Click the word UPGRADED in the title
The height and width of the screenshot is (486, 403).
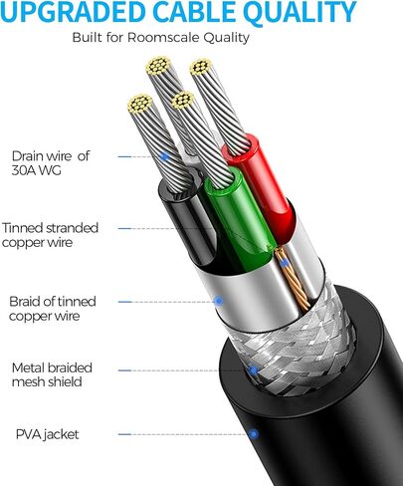(x=73, y=13)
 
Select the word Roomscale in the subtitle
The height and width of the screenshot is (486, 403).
(x=163, y=38)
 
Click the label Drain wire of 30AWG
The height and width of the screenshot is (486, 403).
(x=51, y=163)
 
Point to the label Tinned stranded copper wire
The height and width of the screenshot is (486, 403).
(x=50, y=235)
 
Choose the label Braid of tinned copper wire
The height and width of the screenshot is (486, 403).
(x=53, y=309)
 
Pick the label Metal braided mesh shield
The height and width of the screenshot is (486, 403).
(x=52, y=374)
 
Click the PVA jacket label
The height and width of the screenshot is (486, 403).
(x=48, y=434)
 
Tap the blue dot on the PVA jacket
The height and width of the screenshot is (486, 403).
(x=254, y=434)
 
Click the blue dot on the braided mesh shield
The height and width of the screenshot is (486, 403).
(x=253, y=370)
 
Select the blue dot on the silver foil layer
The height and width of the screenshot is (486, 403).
(x=219, y=301)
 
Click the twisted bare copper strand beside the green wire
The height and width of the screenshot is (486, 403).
(x=292, y=279)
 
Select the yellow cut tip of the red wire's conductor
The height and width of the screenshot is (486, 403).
(x=201, y=67)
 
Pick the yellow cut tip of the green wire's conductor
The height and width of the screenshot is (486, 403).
(x=182, y=100)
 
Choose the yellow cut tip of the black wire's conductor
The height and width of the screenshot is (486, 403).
(x=139, y=104)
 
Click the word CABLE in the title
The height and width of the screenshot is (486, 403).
(x=197, y=13)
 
